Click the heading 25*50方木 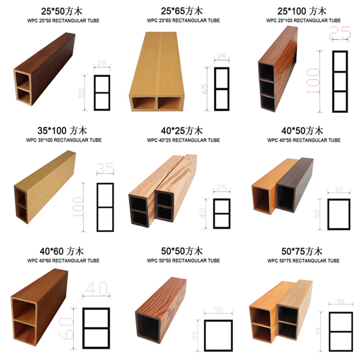62,11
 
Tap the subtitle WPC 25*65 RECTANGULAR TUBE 183,20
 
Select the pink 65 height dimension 204,89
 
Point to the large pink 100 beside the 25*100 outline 313,81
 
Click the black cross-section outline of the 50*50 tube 204,335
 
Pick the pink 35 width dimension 105,168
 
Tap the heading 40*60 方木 62,251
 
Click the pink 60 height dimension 66,328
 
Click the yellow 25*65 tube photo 157,72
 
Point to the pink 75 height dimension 318,331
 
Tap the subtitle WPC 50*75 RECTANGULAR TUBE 303,261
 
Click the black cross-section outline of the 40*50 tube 328,214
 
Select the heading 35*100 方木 62,130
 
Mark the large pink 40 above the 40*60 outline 96,289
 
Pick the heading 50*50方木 182,251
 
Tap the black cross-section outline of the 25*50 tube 94,93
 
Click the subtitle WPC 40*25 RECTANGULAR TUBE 183,140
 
